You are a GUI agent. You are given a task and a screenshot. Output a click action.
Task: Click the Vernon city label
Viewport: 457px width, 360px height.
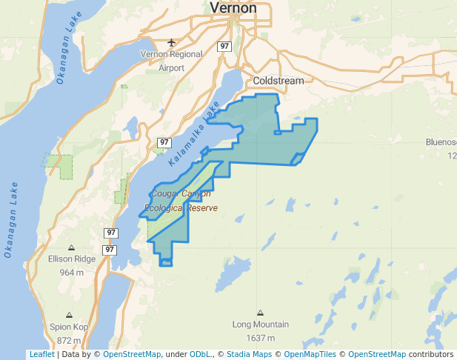click(x=233, y=8)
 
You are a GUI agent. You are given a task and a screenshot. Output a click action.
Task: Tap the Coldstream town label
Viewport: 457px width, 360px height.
click(x=275, y=80)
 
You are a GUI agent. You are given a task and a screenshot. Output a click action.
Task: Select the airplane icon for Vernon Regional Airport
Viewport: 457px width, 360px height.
click(x=172, y=41)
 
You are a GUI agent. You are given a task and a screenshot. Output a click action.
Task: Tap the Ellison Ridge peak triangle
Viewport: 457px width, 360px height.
click(x=71, y=247)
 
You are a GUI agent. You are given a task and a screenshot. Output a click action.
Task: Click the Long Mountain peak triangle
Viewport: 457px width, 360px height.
click(x=260, y=313)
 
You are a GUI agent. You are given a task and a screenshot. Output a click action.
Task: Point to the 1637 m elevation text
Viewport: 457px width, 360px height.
click(x=260, y=338)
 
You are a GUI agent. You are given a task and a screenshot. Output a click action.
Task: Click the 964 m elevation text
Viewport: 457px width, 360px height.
click(x=71, y=272)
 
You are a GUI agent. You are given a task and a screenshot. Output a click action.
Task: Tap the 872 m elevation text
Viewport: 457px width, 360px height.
click(x=69, y=340)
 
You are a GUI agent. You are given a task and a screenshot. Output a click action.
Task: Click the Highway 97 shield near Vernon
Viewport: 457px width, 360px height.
click(x=224, y=46)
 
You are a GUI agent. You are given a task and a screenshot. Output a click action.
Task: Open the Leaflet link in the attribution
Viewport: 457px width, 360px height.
click(x=41, y=354)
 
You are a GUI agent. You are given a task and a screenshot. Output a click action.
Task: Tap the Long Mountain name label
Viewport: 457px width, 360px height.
click(x=260, y=324)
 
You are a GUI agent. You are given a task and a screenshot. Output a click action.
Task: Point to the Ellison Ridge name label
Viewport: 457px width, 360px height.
click(x=72, y=259)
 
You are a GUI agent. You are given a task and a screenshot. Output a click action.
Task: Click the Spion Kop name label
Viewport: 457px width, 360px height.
click(x=69, y=327)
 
